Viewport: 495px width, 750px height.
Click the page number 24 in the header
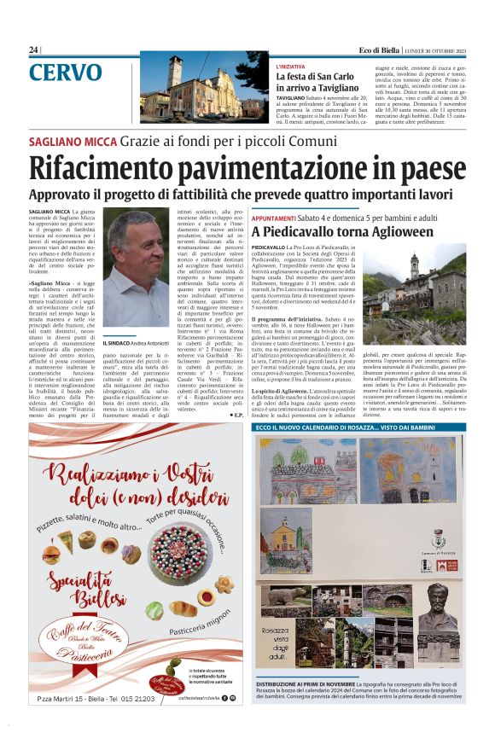click(x=33, y=49)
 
